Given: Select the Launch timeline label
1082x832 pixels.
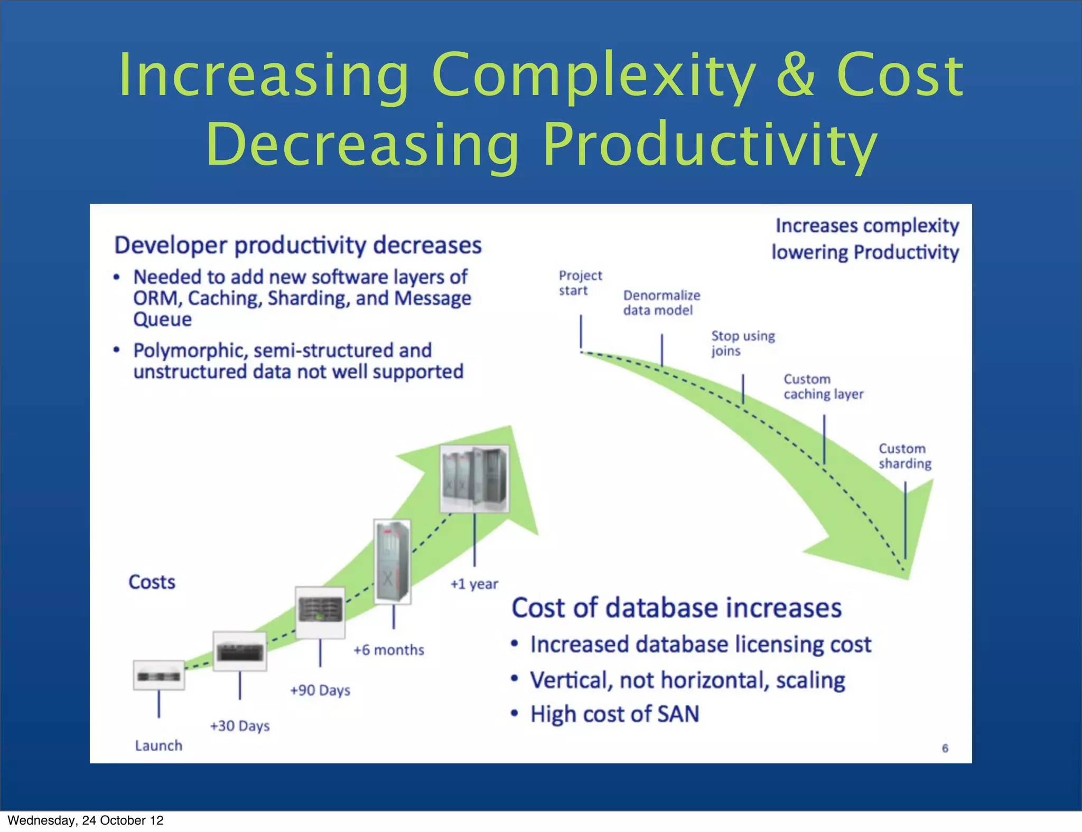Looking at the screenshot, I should click(x=158, y=745).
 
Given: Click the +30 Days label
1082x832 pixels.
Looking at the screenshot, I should click(x=240, y=726).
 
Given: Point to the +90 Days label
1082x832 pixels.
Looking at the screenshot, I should click(x=320, y=690).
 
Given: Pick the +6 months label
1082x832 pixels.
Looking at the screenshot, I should click(x=389, y=650).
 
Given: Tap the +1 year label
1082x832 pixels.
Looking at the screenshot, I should click(x=474, y=584).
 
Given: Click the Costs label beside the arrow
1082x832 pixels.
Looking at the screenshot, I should click(x=152, y=582).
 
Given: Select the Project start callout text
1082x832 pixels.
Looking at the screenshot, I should click(x=580, y=283).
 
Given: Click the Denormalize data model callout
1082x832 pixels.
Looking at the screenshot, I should click(x=661, y=302).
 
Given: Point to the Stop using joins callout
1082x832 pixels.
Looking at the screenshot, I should click(x=742, y=343).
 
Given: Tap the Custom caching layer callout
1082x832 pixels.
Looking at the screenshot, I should click(x=823, y=386).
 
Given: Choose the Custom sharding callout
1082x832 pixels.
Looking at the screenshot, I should click(x=904, y=456).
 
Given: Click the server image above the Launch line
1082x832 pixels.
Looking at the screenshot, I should click(x=159, y=675).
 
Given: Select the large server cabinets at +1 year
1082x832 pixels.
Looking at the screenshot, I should click(x=474, y=478).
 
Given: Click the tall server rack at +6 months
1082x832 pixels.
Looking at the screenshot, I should click(x=392, y=561).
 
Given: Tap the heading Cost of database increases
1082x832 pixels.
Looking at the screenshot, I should click(x=676, y=608).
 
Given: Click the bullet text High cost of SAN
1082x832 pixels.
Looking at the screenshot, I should click(x=614, y=714).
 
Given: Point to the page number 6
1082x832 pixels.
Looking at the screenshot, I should click(x=945, y=748).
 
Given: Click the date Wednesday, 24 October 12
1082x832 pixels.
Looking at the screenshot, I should click(x=86, y=820).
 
